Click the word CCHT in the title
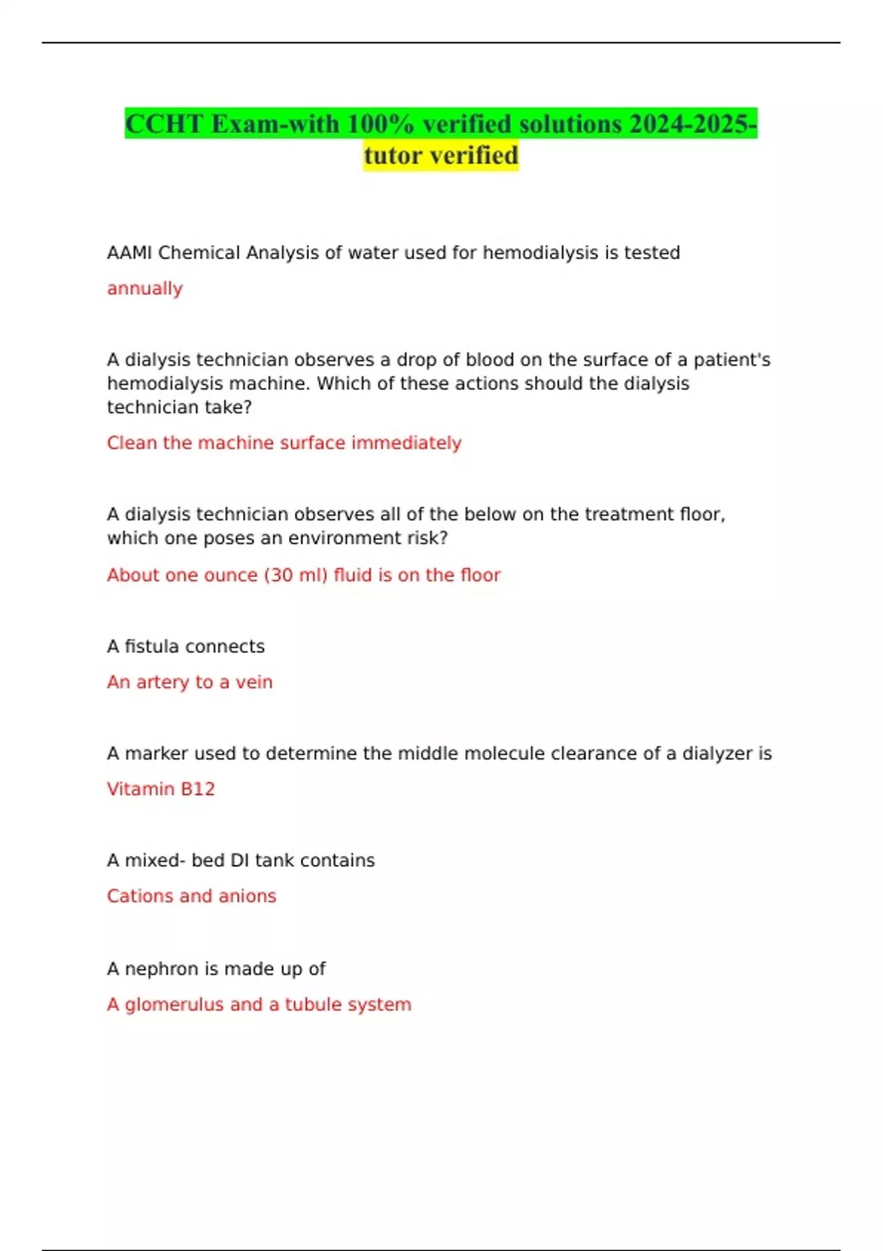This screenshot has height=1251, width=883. click(x=164, y=124)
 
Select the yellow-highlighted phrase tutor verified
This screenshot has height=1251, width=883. click(x=441, y=155)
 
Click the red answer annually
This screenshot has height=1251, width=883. click(x=145, y=288)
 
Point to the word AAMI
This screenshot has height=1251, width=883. click(x=130, y=252)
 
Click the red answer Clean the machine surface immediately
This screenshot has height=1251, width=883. click(x=284, y=443)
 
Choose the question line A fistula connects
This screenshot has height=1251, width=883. click(x=185, y=646)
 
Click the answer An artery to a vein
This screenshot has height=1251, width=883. click(x=190, y=682)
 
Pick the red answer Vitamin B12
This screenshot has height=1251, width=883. click(x=160, y=789)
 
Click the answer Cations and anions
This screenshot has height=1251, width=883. click(x=191, y=896)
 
